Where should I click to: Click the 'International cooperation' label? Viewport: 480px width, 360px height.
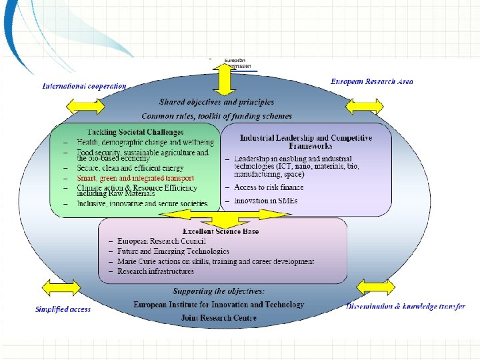84,86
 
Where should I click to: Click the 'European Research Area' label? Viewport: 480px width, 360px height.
371,81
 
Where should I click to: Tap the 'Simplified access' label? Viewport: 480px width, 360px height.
63,309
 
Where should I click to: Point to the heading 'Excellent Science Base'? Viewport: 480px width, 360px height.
221,231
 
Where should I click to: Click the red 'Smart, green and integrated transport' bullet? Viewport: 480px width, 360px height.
135,178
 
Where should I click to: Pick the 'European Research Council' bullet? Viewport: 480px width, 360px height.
161,241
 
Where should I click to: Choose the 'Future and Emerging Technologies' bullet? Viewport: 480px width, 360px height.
173,251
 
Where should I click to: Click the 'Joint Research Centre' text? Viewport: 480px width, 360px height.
219,318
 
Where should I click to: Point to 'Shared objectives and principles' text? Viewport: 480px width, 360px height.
216,102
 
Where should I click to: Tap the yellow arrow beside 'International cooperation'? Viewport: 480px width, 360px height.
85,105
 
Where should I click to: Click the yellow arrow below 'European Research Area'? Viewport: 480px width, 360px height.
365,105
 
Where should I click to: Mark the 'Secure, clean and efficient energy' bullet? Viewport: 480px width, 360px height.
129,169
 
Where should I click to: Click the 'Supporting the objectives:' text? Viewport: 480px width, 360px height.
219,291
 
